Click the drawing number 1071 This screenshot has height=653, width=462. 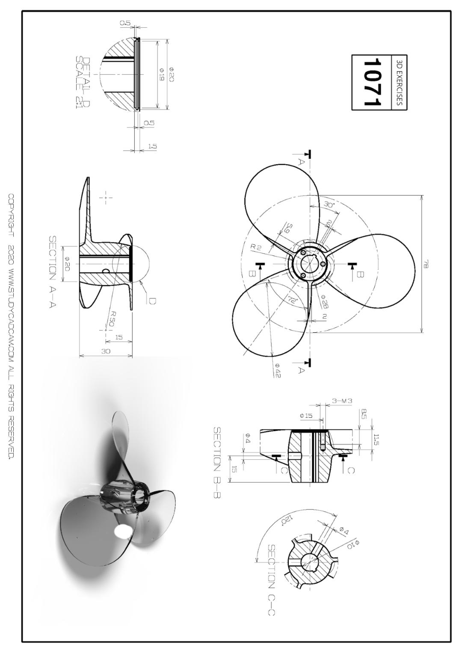pyautogui.click(x=371, y=82)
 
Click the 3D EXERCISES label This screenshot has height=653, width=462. pyautogui.click(x=400, y=82)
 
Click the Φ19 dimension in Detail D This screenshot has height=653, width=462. pyautogui.click(x=162, y=74)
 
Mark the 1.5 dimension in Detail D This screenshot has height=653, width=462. pyautogui.click(x=152, y=146)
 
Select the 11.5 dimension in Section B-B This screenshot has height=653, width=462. pyautogui.click(x=376, y=440)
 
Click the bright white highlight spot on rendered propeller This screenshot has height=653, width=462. pyautogui.click(x=123, y=531)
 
